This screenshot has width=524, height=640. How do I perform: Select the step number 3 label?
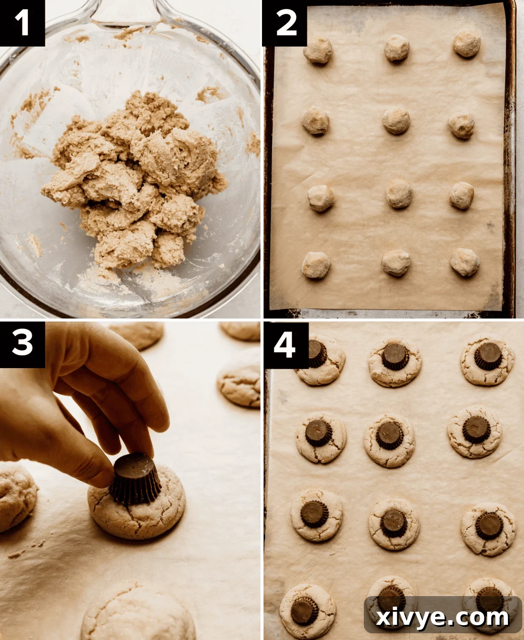pyautogui.click(x=22, y=343)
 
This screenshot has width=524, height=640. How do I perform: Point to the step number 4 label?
pyautogui.click(x=285, y=344)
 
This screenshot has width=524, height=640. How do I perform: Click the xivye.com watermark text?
pyautogui.click(x=442, y=618)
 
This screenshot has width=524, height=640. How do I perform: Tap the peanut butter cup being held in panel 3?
pyautogui.click(x=136, y=479)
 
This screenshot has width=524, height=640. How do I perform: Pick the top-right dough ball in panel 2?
pyautogui.click(x=467, y=43)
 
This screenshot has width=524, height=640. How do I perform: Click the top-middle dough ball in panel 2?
pyautogui.click(x=396, y=48)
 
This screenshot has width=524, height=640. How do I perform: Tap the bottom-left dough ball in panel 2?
pyautogui.click(x=316, y=265)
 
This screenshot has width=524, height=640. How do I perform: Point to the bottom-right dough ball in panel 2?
pyautogui.click(x=464, y=262)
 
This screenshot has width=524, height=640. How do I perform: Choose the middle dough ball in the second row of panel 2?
pyautogui.click(x=396, y=121)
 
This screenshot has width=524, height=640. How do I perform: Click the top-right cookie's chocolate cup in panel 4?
pyautogui.click(x=489, y=355)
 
